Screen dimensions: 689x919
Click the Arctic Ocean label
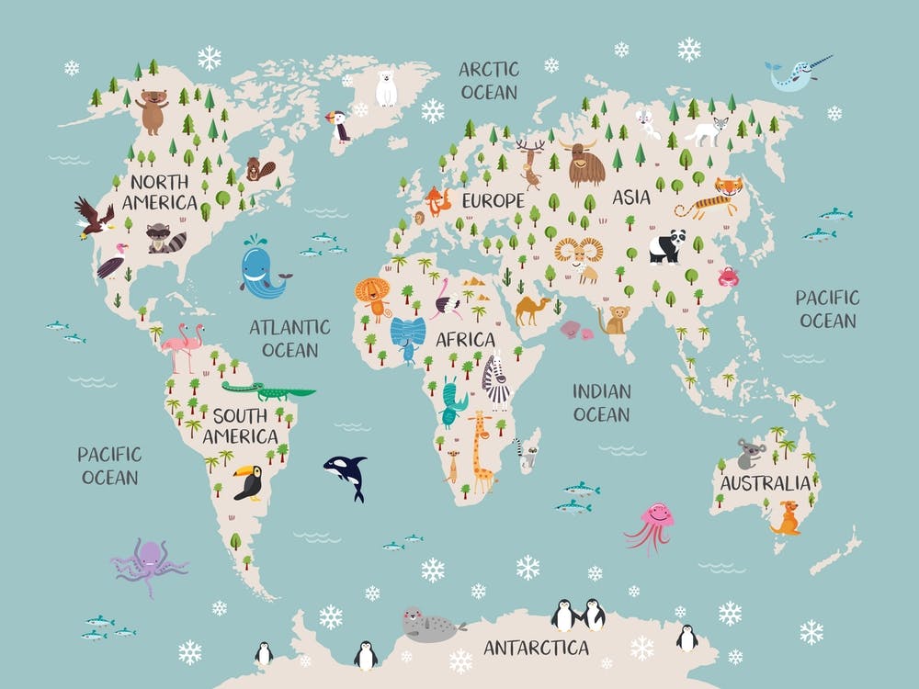click(489, 80)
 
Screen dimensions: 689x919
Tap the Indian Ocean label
click(602, 401)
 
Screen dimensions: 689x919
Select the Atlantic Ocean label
click(289, 337)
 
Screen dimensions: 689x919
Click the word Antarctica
click(536, 648)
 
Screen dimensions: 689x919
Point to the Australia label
click(766, 483)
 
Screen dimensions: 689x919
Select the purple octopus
click(147, 564)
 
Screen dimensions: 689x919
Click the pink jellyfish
click(653, 524)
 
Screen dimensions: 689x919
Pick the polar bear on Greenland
click(386, 87)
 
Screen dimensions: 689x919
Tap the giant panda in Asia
click(666, 245)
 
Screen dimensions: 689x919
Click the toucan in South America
click(250, 481)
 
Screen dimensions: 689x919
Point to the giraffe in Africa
click(481, 450)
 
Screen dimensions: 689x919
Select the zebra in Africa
click(496, 380)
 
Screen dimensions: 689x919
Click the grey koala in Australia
click(750, 453)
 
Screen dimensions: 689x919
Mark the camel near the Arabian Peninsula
click(532, 310)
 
